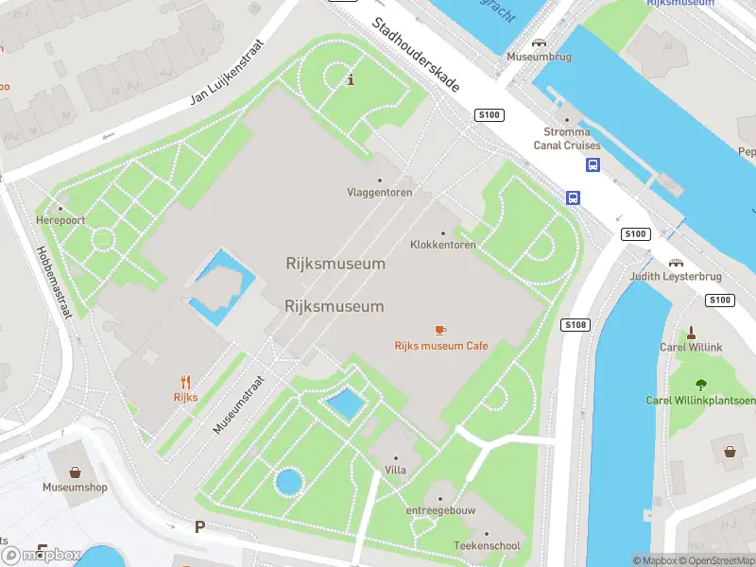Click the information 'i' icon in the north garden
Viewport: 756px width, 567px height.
pos(352,79)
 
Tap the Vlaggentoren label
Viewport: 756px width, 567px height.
pos(379,192)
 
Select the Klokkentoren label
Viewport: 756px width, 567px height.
pos(442,245)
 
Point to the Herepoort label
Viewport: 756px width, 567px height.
pos(60,220)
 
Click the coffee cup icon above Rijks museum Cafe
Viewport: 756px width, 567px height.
pos(440,330)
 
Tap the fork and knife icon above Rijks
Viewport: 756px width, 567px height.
pos(185,382)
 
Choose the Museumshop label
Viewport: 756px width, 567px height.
pos(75,488)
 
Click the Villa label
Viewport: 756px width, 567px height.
pos(395,470)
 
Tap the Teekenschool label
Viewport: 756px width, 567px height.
pos(486,546)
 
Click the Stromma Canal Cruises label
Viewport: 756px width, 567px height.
pos(567,139)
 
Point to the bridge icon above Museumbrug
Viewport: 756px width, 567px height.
pos(539,43)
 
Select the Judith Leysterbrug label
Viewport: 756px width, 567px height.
pos(676,277)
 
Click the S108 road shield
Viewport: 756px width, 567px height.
pos(575,325)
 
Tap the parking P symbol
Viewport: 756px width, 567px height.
pos(199,526)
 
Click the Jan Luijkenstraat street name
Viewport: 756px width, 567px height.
pos(225,72)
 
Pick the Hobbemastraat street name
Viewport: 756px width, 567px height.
pos(53,283)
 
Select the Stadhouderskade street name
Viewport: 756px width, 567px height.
pos(415,55)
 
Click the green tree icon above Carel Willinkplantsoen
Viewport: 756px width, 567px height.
pos(700,385)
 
